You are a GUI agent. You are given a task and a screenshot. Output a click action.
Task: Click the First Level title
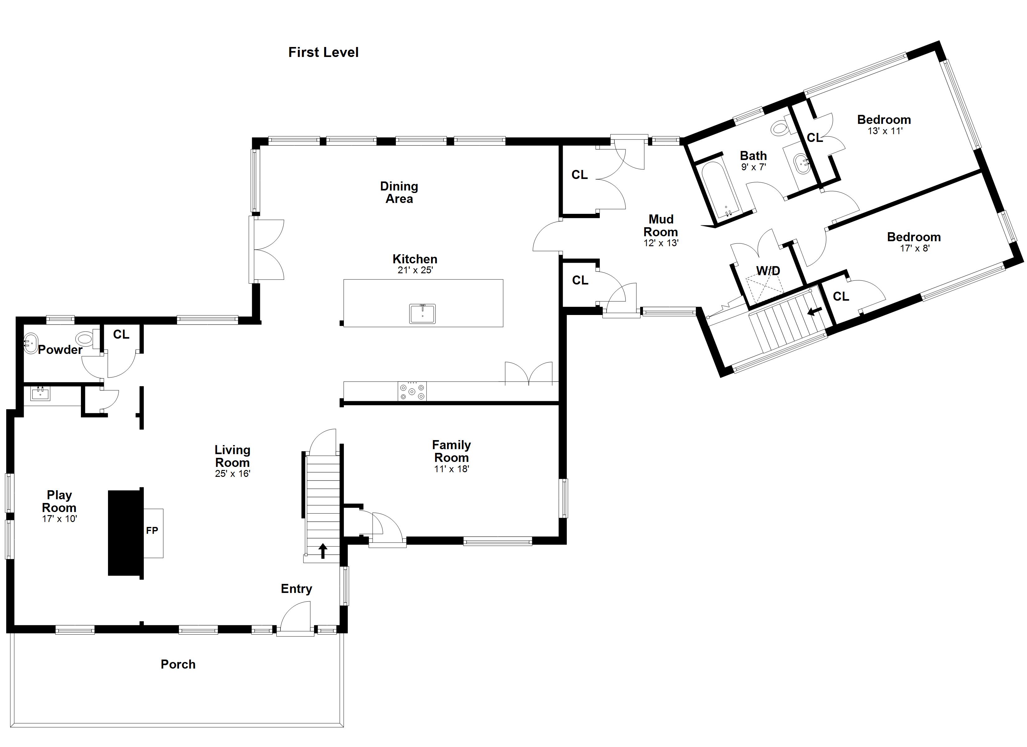(x=323, y=53)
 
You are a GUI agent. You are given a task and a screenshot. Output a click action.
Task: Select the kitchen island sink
(x=423, y=314)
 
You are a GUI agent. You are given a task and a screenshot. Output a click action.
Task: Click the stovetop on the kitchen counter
(x=412, y=391)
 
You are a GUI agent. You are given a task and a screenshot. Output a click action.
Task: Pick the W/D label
(x=768, y=271)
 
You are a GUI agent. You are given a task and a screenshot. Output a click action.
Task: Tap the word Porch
(x=178, y=665)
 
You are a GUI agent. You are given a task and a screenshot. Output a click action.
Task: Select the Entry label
(x=296, y=589)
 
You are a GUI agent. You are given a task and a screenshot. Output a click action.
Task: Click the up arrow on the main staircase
(x=323, y=551)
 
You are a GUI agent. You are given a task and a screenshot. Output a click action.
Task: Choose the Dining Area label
(x=399, y=193)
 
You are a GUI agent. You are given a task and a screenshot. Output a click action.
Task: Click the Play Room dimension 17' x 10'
(x=59, y=519)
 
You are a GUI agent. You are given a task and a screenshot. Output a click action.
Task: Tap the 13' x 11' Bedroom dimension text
(x=885, y=131)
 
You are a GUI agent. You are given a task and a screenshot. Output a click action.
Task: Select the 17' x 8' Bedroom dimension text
(x=914, y=248)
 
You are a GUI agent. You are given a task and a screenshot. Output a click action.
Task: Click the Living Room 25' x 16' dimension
(x=232, y=474)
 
